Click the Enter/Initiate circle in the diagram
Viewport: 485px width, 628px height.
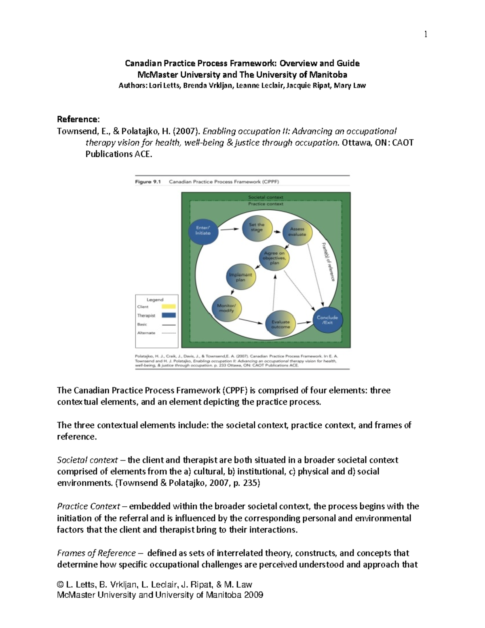click(x=203, y=231)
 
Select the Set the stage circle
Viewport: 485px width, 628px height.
click(x=257, y=228)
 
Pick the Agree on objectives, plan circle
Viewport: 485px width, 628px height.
click(x=274, y=258)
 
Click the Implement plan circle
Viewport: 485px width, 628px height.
click(x=240, y=277)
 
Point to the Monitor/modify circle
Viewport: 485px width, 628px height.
click(x=226, y=308)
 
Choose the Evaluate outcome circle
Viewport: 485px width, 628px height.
click(x=280, y=324)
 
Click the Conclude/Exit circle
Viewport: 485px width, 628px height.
click(x=327, y=320)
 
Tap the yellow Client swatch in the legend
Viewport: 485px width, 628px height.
click(x=169, y=307)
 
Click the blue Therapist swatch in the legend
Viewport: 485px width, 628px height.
click(x=169, y=315)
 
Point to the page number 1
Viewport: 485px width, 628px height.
click(x=426, y=34)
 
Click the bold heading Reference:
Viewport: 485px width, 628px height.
click(x=78, y=119)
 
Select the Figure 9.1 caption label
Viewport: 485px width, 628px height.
click(x=148, y=182)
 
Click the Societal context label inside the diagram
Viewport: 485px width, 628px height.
click(x=266, y=197)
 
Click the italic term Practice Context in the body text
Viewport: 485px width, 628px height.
click(x=89, y=506)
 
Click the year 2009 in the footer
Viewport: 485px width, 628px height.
click(x=253, y=595)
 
